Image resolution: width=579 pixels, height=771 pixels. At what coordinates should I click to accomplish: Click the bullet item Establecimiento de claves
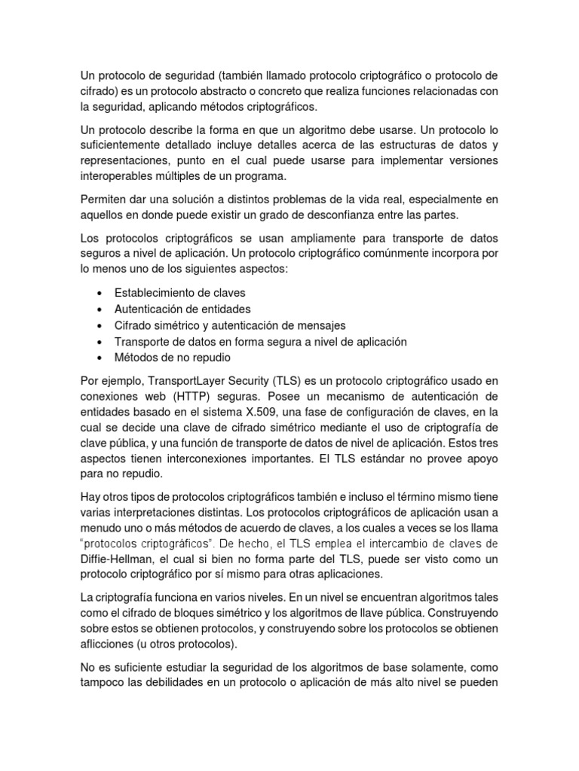179,292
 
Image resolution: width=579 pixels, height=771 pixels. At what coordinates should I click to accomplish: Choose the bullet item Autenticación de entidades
182,309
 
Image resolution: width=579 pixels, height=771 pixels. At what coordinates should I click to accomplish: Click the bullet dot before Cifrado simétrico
100,325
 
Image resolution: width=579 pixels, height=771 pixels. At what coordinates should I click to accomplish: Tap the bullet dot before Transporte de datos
100,342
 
